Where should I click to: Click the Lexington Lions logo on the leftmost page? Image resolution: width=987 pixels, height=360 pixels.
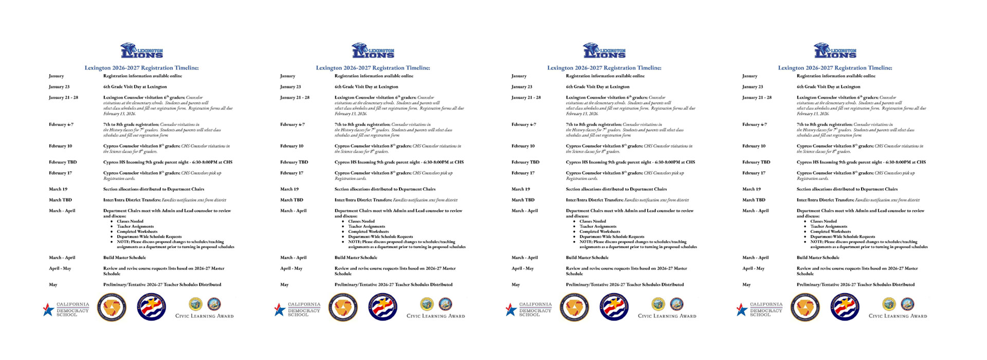[142, 51]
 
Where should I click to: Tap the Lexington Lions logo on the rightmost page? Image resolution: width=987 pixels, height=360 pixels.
[835, 51]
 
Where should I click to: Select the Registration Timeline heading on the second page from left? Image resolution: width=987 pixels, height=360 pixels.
[373, 68]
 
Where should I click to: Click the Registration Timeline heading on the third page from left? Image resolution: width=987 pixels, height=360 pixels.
[604, 68]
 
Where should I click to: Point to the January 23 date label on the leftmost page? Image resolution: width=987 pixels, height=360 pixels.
[59, 87]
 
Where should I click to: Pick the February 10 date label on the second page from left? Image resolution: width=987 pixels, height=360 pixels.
[291, 146]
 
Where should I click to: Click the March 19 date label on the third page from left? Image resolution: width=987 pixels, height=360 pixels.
[521, 189]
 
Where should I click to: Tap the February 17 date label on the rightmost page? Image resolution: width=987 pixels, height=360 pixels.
[754, 173]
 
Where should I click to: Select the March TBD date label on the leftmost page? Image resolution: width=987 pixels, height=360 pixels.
[61, 200]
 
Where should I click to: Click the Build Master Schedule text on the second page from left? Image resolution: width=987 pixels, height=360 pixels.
[356, 258]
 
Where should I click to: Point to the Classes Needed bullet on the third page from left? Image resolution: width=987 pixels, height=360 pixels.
[593, 222]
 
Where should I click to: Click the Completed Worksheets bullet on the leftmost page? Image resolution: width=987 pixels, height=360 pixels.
[137, 232]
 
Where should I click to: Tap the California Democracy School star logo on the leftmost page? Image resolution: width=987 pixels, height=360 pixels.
[48, 310]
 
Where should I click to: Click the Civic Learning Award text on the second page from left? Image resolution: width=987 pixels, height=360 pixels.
[435, 316]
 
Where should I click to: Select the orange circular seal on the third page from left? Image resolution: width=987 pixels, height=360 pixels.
[574, 308]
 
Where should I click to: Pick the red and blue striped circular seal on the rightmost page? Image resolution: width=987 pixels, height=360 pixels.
[845, 308]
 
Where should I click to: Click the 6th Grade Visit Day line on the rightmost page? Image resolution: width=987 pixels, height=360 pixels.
[828, 87]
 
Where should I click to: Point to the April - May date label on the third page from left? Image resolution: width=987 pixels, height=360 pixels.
[522, 268]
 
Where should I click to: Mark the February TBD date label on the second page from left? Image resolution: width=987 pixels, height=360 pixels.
[294, 163]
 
